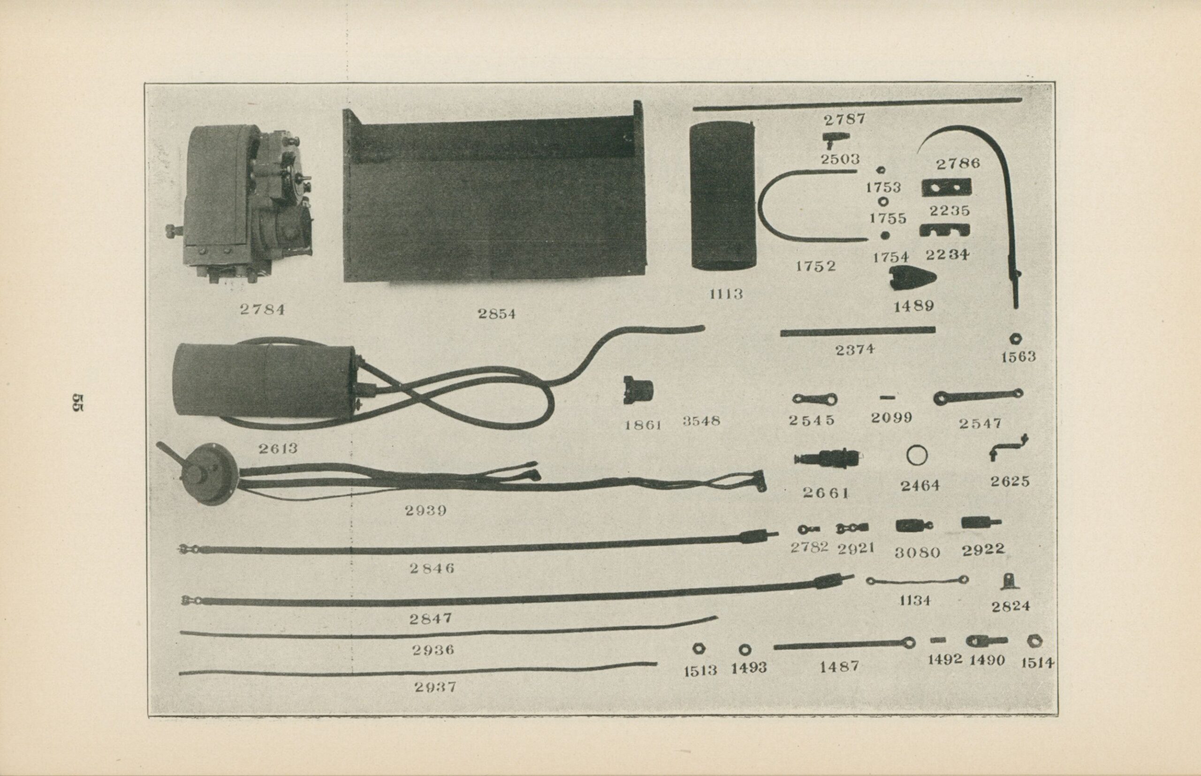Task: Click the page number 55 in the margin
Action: click(79, 403)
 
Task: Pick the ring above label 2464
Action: click(917, 456)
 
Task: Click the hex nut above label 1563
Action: click(1017, 339)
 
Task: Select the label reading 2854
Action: click(497, 314)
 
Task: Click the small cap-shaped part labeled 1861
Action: click(638, 390)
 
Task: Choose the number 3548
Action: click(701, 421)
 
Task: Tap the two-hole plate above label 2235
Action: click(946, 188)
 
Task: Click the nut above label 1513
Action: click(700, 648)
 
